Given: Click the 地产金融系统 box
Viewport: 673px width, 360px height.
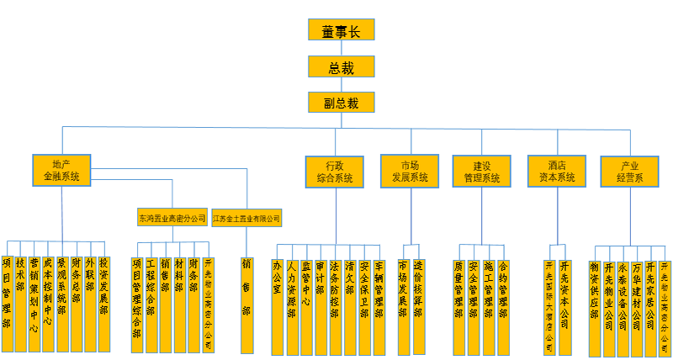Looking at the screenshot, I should (61, 171).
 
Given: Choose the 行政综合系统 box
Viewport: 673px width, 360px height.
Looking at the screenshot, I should (334, 171).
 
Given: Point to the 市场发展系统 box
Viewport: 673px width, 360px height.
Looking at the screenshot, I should (410, 171).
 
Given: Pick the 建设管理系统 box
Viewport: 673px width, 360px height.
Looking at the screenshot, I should (481, 171).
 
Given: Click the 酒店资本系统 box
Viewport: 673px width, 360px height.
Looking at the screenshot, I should (556, 171).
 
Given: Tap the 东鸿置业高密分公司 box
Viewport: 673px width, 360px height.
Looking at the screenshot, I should (172, 219).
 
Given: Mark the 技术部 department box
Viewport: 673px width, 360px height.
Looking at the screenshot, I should (20, 294).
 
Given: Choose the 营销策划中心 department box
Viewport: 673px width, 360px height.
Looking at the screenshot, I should (34, 299).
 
